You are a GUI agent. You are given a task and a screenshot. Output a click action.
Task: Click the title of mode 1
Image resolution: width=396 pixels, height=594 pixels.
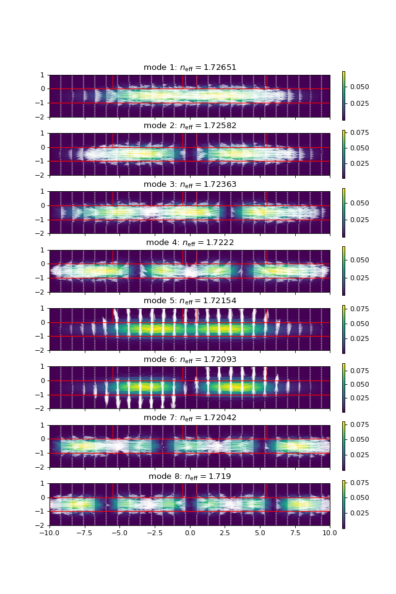pyautogui.click(x=189, y=67)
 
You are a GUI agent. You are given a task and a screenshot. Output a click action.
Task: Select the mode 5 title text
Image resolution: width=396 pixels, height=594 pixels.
pyautogui.click(x=189, y=301)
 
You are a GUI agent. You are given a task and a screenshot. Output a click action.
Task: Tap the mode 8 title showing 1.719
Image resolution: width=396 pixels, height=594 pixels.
pyautogui.click(x=189, y=476)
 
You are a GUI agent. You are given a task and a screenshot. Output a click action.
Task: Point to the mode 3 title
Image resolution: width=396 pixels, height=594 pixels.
pyautogui.click(x=189, y=184)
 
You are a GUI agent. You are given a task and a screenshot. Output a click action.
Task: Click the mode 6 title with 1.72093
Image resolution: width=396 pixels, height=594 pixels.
pyautogui.click(x=189, y=359)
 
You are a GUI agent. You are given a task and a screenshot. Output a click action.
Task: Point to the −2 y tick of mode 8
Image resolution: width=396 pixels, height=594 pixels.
pyautogui.click(x=42, y=525)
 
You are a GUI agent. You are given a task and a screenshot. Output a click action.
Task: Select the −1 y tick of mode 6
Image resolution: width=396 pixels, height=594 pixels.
pyautogui.click(x=42, y=395)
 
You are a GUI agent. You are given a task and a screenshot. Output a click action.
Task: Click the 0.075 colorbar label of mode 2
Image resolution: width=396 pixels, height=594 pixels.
pyautogui.click(x=359, y=132)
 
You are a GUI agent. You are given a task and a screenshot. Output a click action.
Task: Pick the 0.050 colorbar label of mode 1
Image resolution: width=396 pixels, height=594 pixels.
pyautogui.click(x=359, y=87)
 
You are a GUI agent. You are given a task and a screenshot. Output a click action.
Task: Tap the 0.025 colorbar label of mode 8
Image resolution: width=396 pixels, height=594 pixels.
pyautogui.click(x=359, y=514)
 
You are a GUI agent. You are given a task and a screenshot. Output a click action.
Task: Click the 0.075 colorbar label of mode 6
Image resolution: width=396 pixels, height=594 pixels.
pyautogui.click(x=359, y=371)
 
